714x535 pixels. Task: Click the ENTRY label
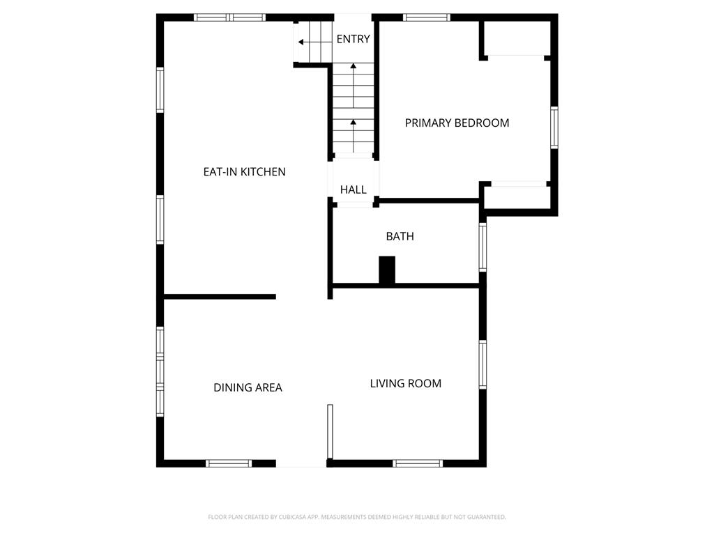point(353,39)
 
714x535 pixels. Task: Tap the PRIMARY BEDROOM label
point(457,123)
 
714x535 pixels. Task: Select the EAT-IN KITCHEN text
point(244,172)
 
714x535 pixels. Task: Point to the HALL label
point(353,189)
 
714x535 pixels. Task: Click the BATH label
point(400,237)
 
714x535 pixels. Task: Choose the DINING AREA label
point(248,387)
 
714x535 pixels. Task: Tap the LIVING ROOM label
point(405,384)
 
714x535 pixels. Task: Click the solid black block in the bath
point(387,270)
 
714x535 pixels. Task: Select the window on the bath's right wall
point(483,247)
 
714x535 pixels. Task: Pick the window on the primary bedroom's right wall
point(554,128)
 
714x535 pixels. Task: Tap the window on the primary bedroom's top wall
point(427,17)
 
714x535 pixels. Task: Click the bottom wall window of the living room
point(418,463)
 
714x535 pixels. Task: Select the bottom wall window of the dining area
point(229,463)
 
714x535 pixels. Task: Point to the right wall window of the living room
point(483,364)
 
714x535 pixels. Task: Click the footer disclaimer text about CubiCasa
point(357,518)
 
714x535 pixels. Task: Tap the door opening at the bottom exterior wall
point(301,463)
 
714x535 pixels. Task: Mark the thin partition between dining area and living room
point(330,431)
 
